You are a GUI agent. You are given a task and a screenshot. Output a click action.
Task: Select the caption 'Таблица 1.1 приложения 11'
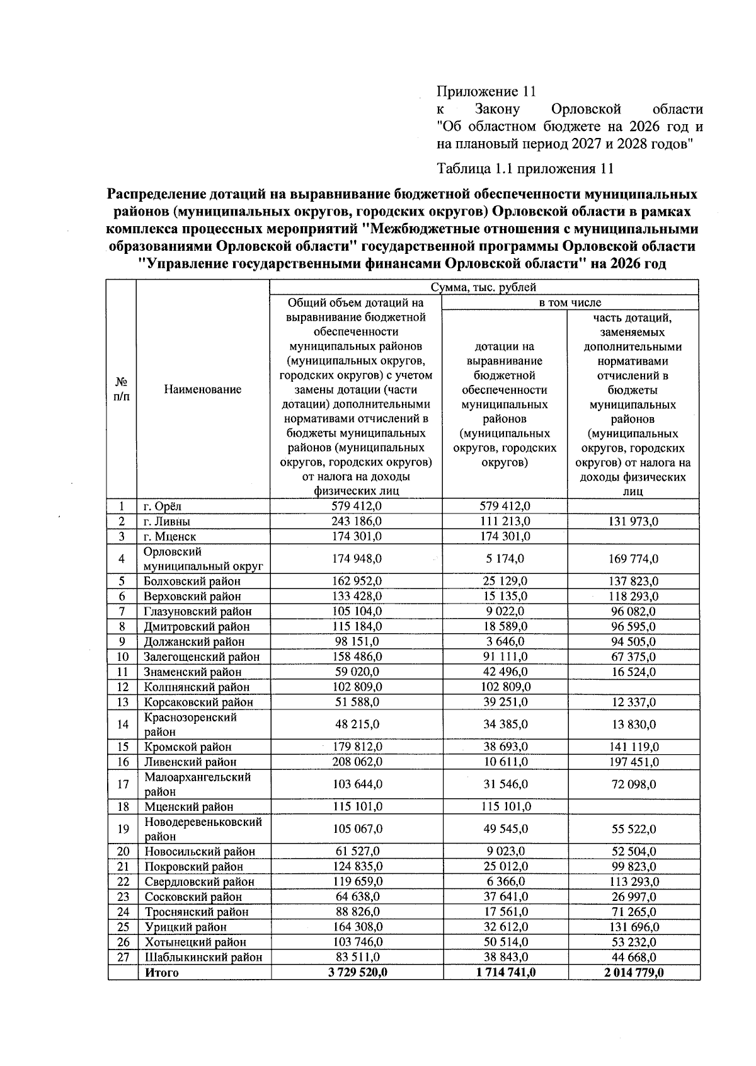(525, 169)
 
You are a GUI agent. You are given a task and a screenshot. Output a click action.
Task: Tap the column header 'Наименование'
(202, 390)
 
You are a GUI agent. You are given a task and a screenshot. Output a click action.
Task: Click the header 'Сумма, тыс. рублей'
(483, 288)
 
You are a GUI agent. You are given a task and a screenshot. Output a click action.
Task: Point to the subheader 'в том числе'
(570, 303)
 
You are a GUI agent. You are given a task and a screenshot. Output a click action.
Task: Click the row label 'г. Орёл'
(163, 507)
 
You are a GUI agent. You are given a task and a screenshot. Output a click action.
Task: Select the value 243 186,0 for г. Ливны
(357, 522)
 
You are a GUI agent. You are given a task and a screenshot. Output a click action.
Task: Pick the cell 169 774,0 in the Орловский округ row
(633, 559)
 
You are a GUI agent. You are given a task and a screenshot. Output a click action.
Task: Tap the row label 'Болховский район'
(192, 582)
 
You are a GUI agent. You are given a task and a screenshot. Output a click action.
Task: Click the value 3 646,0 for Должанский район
(505, 642)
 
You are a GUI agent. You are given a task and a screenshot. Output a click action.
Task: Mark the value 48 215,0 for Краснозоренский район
(357, 725)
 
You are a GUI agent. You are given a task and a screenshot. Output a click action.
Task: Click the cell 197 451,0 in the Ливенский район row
(633, 762)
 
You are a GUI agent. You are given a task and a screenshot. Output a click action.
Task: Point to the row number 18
(123, 807)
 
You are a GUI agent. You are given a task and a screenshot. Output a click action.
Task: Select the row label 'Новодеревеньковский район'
(202, 829)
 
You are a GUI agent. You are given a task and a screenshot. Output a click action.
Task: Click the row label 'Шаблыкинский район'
(203, 958)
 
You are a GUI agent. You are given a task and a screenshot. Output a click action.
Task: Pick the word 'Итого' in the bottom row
(162, 973)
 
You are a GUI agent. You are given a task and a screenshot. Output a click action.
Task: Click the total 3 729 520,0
(357, 973)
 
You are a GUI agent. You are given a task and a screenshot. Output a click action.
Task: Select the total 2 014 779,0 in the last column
(633, 973)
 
